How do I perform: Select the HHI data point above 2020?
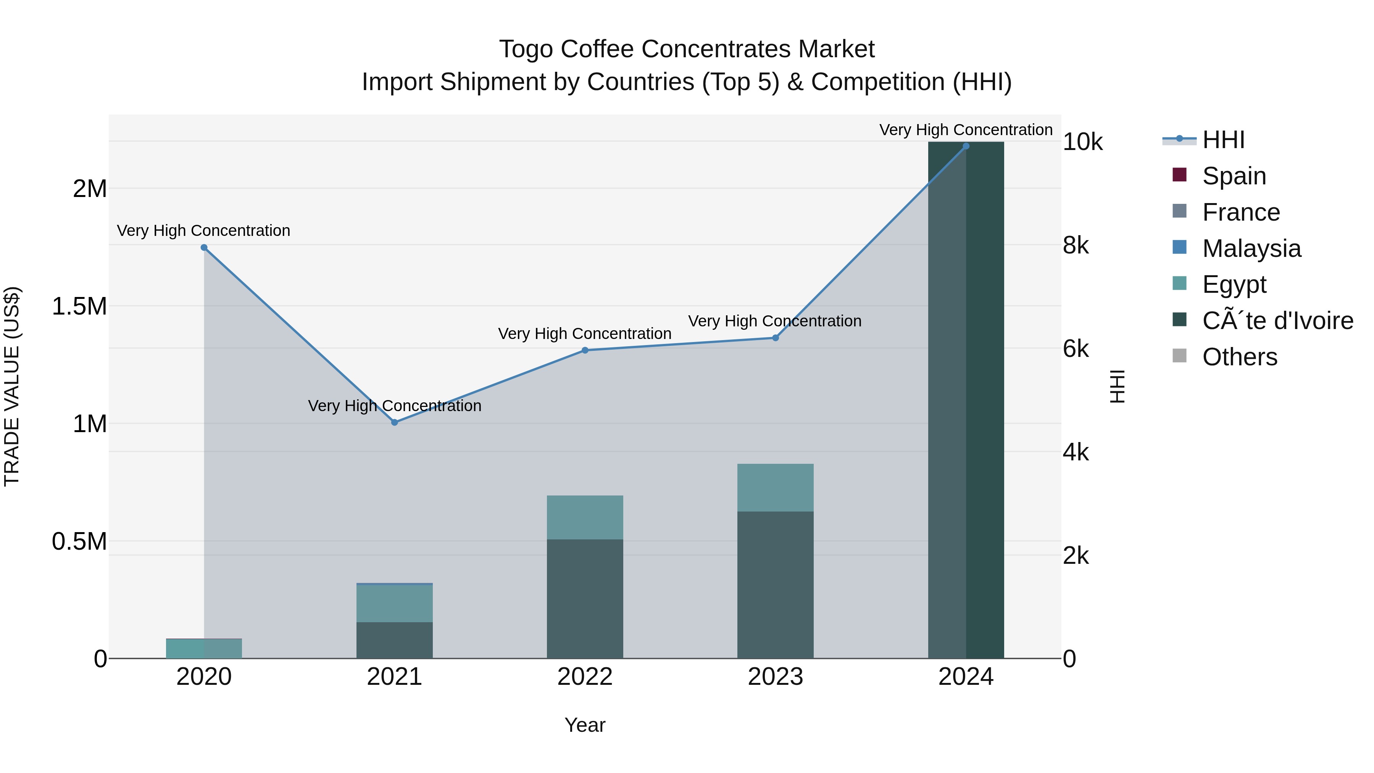pos(204,247)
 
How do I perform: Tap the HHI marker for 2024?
pos(966,146)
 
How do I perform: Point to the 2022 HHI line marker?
pos(585,350)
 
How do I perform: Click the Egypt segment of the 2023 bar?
pos(775,487)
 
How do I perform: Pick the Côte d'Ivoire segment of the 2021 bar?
pos(394,640)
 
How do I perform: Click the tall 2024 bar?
pos(966,400)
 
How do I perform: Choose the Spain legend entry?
pos(1234,176)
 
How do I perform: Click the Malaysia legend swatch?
pos(1179,247)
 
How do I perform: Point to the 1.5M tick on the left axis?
pos(79,307)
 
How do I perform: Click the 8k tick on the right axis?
pos(1075,246)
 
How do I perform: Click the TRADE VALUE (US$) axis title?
pos(12,386)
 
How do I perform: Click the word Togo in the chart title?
pos(526,49)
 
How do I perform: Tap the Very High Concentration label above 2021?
pos(394,406)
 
